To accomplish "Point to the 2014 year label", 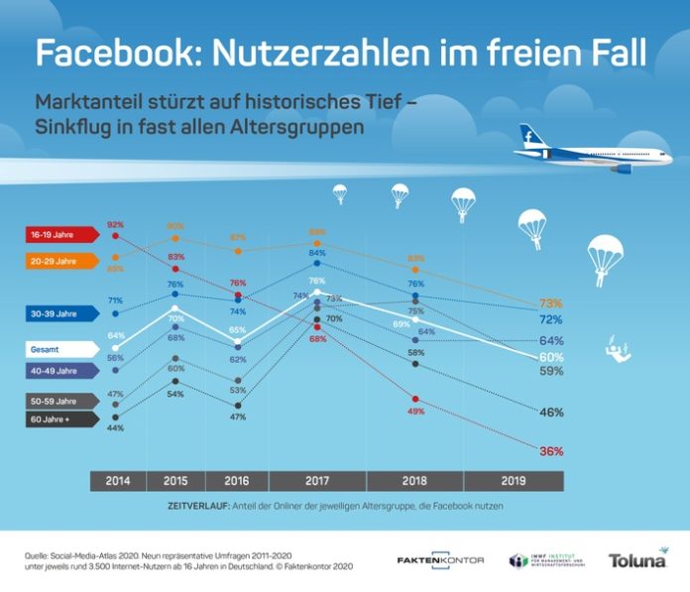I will tap(117, 481).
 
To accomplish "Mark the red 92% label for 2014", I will tap(115, 225).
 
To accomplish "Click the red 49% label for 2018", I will tap(416, 411).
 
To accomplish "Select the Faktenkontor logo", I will tap(440, 560).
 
